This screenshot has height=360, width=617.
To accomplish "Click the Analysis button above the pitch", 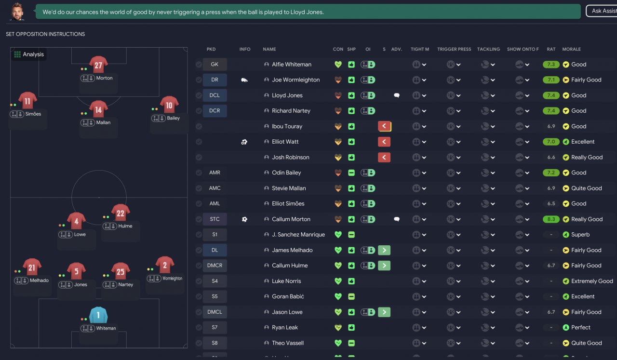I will click(x=29, y=54).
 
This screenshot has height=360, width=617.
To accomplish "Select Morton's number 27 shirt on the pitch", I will click(x=98, y=65).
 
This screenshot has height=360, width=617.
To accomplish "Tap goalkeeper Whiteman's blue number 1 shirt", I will click(x=98, y=316).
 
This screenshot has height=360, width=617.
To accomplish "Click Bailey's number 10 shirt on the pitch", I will click(x=169, y=105).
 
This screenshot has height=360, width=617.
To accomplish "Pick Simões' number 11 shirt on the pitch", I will click(x=27, y=101).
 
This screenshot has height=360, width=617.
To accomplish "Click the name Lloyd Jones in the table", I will click(x=287, y=95).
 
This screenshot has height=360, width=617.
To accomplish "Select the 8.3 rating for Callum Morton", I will click(x=551, y=219).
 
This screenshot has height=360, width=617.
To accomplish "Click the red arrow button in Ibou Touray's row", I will click(x=384, y=126).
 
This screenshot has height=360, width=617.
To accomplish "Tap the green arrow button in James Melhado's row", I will click(x=384, y=250).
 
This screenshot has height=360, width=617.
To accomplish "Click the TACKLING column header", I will click(x=488, y=49).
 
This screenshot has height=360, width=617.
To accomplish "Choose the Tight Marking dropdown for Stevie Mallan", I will click(x=419, y=188).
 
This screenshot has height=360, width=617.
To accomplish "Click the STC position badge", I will click(x=215, y=219).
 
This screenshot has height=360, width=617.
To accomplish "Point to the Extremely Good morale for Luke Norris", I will click(x=592, y=281).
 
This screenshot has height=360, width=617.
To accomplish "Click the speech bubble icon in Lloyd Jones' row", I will click(x=397, y=95).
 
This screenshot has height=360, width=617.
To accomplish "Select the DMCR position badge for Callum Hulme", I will click(x=215, y=266).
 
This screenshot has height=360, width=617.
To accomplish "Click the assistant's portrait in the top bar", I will click(x=17, y=11).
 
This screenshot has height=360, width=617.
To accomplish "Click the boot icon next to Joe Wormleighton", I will click(x=244, y=80).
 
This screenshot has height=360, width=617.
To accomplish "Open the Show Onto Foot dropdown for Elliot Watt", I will click(x=522, y=142).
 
